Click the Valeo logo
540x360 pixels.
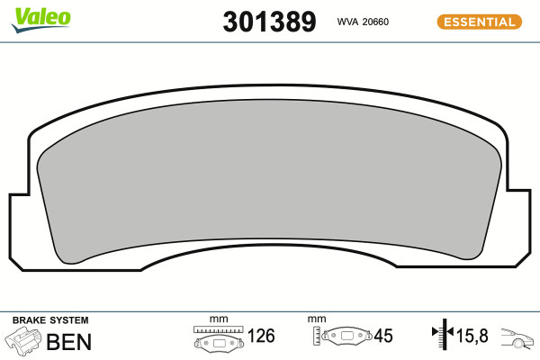[41, 19]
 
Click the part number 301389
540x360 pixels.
[269, 22]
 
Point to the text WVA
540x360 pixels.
[347, 22]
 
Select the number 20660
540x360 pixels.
[375, 22]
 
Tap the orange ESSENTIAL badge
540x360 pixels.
[480, 22]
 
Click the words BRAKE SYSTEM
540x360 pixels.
[50, 320]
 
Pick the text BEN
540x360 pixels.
[69, 342]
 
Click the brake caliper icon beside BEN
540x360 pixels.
[22, 341]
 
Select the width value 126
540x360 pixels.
[261, 336]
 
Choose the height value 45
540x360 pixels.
[383, 336]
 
